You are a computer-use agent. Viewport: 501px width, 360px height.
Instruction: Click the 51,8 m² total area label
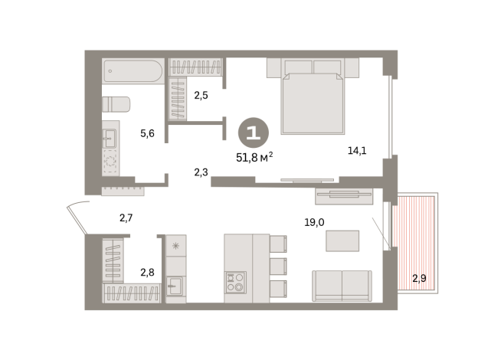(254, 158)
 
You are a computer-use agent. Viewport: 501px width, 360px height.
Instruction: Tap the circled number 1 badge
(254, 132)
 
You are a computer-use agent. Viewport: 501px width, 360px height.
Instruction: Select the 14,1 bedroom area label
(357, 151)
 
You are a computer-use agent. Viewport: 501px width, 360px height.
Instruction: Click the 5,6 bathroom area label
(147, 133)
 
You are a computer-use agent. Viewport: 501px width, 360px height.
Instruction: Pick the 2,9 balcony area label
(419, 277)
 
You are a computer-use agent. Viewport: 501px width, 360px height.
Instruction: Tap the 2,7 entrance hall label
(126, 218)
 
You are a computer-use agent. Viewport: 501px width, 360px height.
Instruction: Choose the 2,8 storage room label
(147, 271)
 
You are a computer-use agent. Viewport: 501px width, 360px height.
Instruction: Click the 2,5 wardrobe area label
(201, 96)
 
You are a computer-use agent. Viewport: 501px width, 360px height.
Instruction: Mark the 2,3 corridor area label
(201, 172)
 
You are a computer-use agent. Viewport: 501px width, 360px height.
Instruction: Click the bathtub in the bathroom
(133, 72)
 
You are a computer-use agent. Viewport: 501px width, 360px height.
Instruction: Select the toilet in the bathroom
(116, 104)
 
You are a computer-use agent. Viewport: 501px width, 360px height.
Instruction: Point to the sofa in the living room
(342, 286)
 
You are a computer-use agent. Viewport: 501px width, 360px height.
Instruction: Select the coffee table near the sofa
(342, 241)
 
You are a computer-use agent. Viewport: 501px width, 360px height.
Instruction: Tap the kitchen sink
(175, 286)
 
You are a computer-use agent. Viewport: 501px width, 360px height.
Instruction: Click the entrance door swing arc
(77, 218)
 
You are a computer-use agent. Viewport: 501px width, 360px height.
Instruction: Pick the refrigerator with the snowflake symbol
(175, 246)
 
